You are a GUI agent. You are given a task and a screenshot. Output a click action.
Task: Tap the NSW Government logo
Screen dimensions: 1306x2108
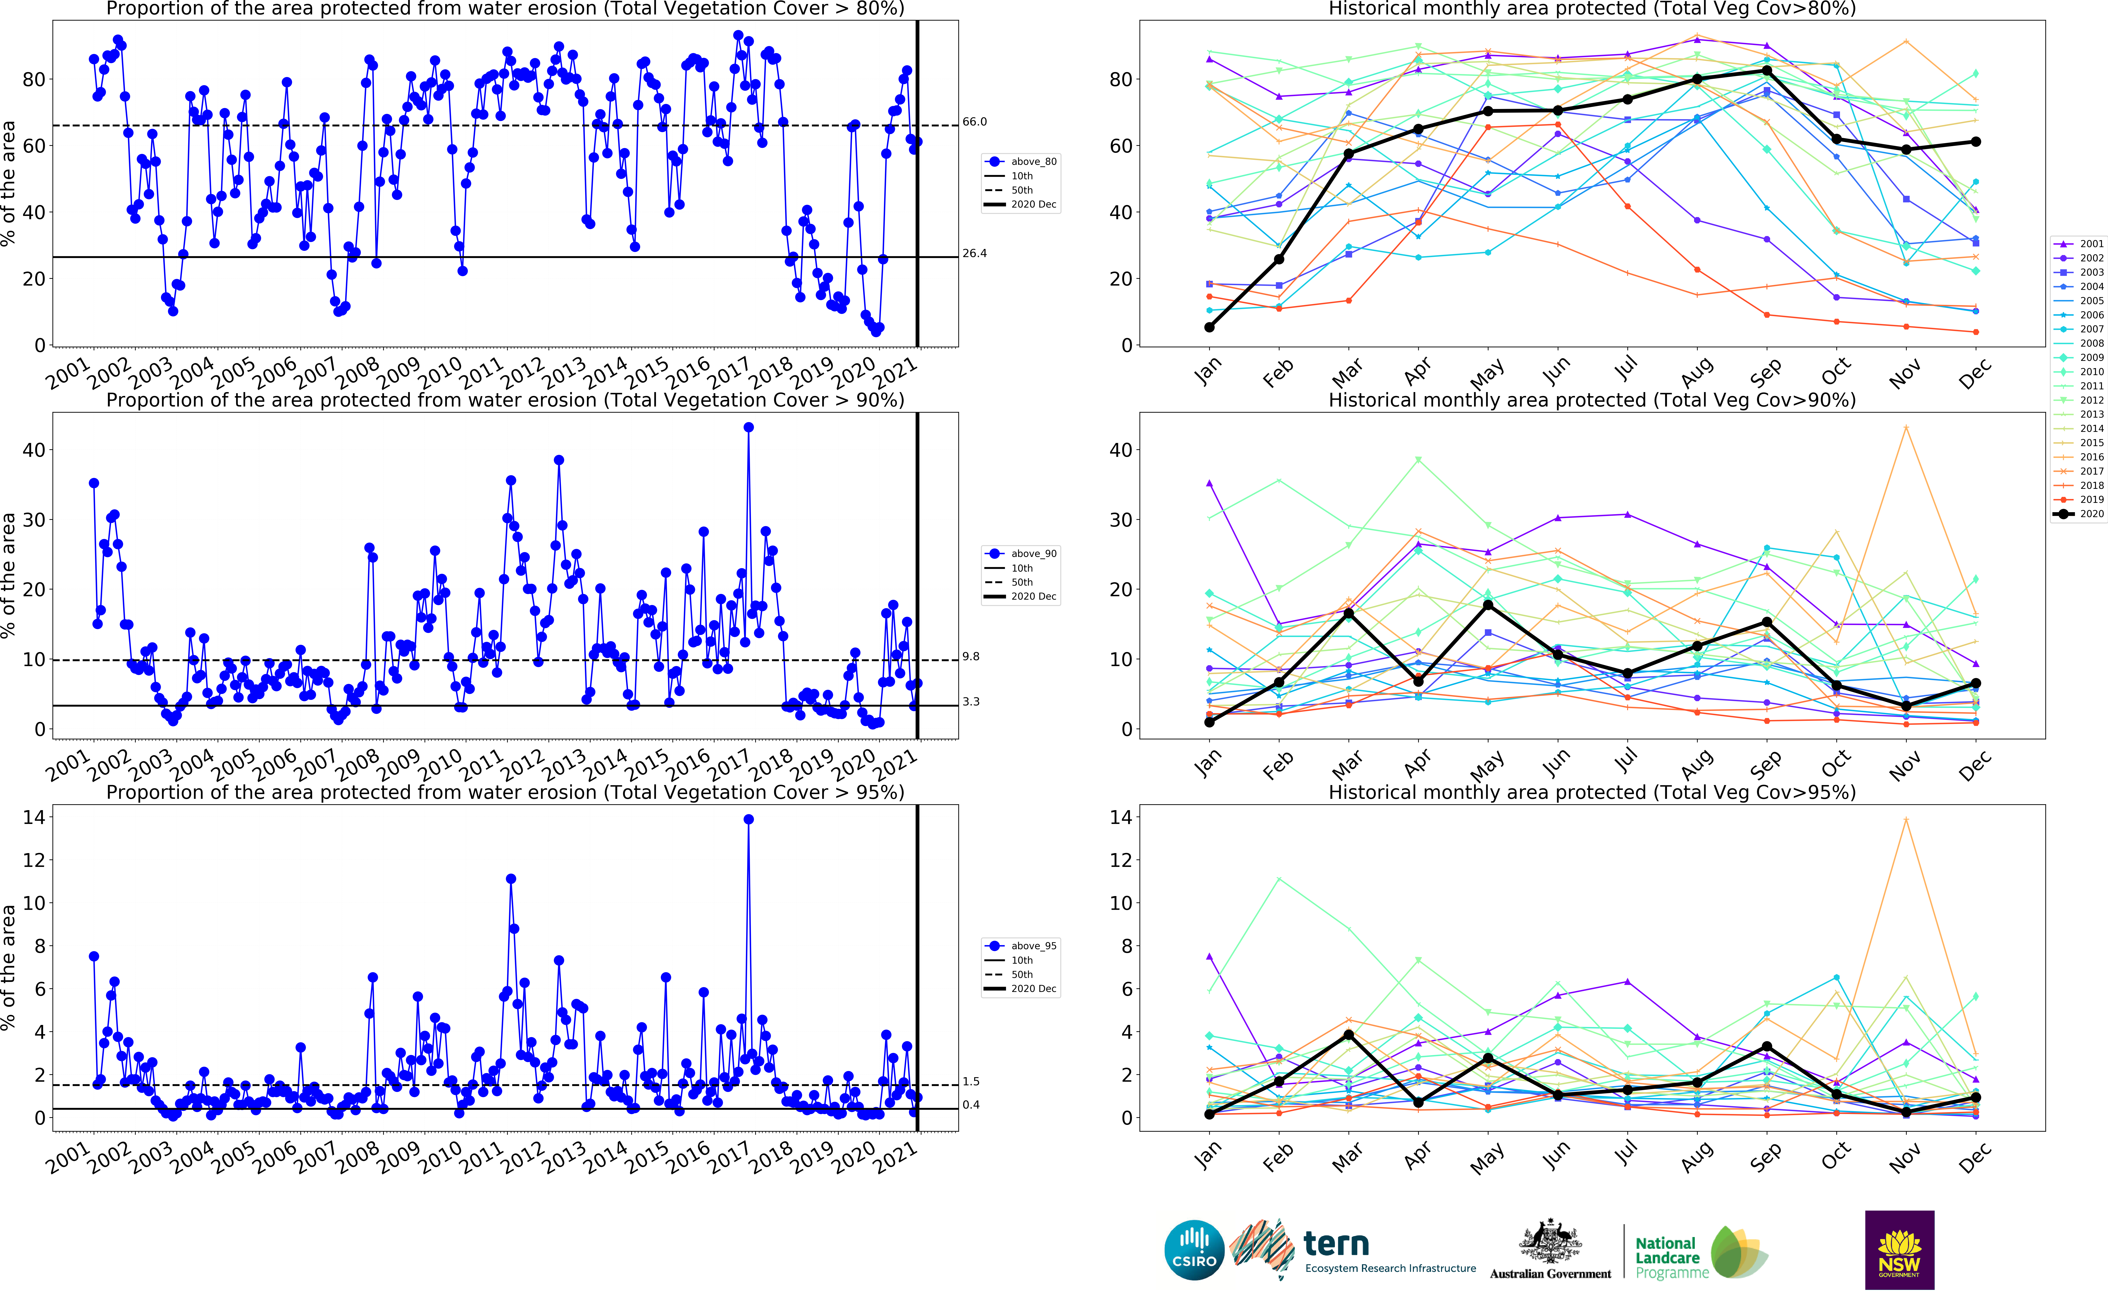1899,1250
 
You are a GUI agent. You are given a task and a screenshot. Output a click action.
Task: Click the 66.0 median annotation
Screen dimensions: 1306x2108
975,122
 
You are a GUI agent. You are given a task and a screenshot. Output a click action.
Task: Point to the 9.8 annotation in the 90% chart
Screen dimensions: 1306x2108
971,656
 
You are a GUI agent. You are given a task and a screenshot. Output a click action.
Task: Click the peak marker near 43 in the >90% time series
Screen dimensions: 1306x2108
748,428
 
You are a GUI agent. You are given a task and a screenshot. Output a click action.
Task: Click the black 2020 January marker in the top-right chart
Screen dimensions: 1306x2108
1210,327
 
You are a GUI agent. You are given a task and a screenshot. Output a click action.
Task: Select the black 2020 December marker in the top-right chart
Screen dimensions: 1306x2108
1976,142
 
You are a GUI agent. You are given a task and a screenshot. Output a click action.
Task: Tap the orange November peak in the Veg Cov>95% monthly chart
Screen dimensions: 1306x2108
1906,820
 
